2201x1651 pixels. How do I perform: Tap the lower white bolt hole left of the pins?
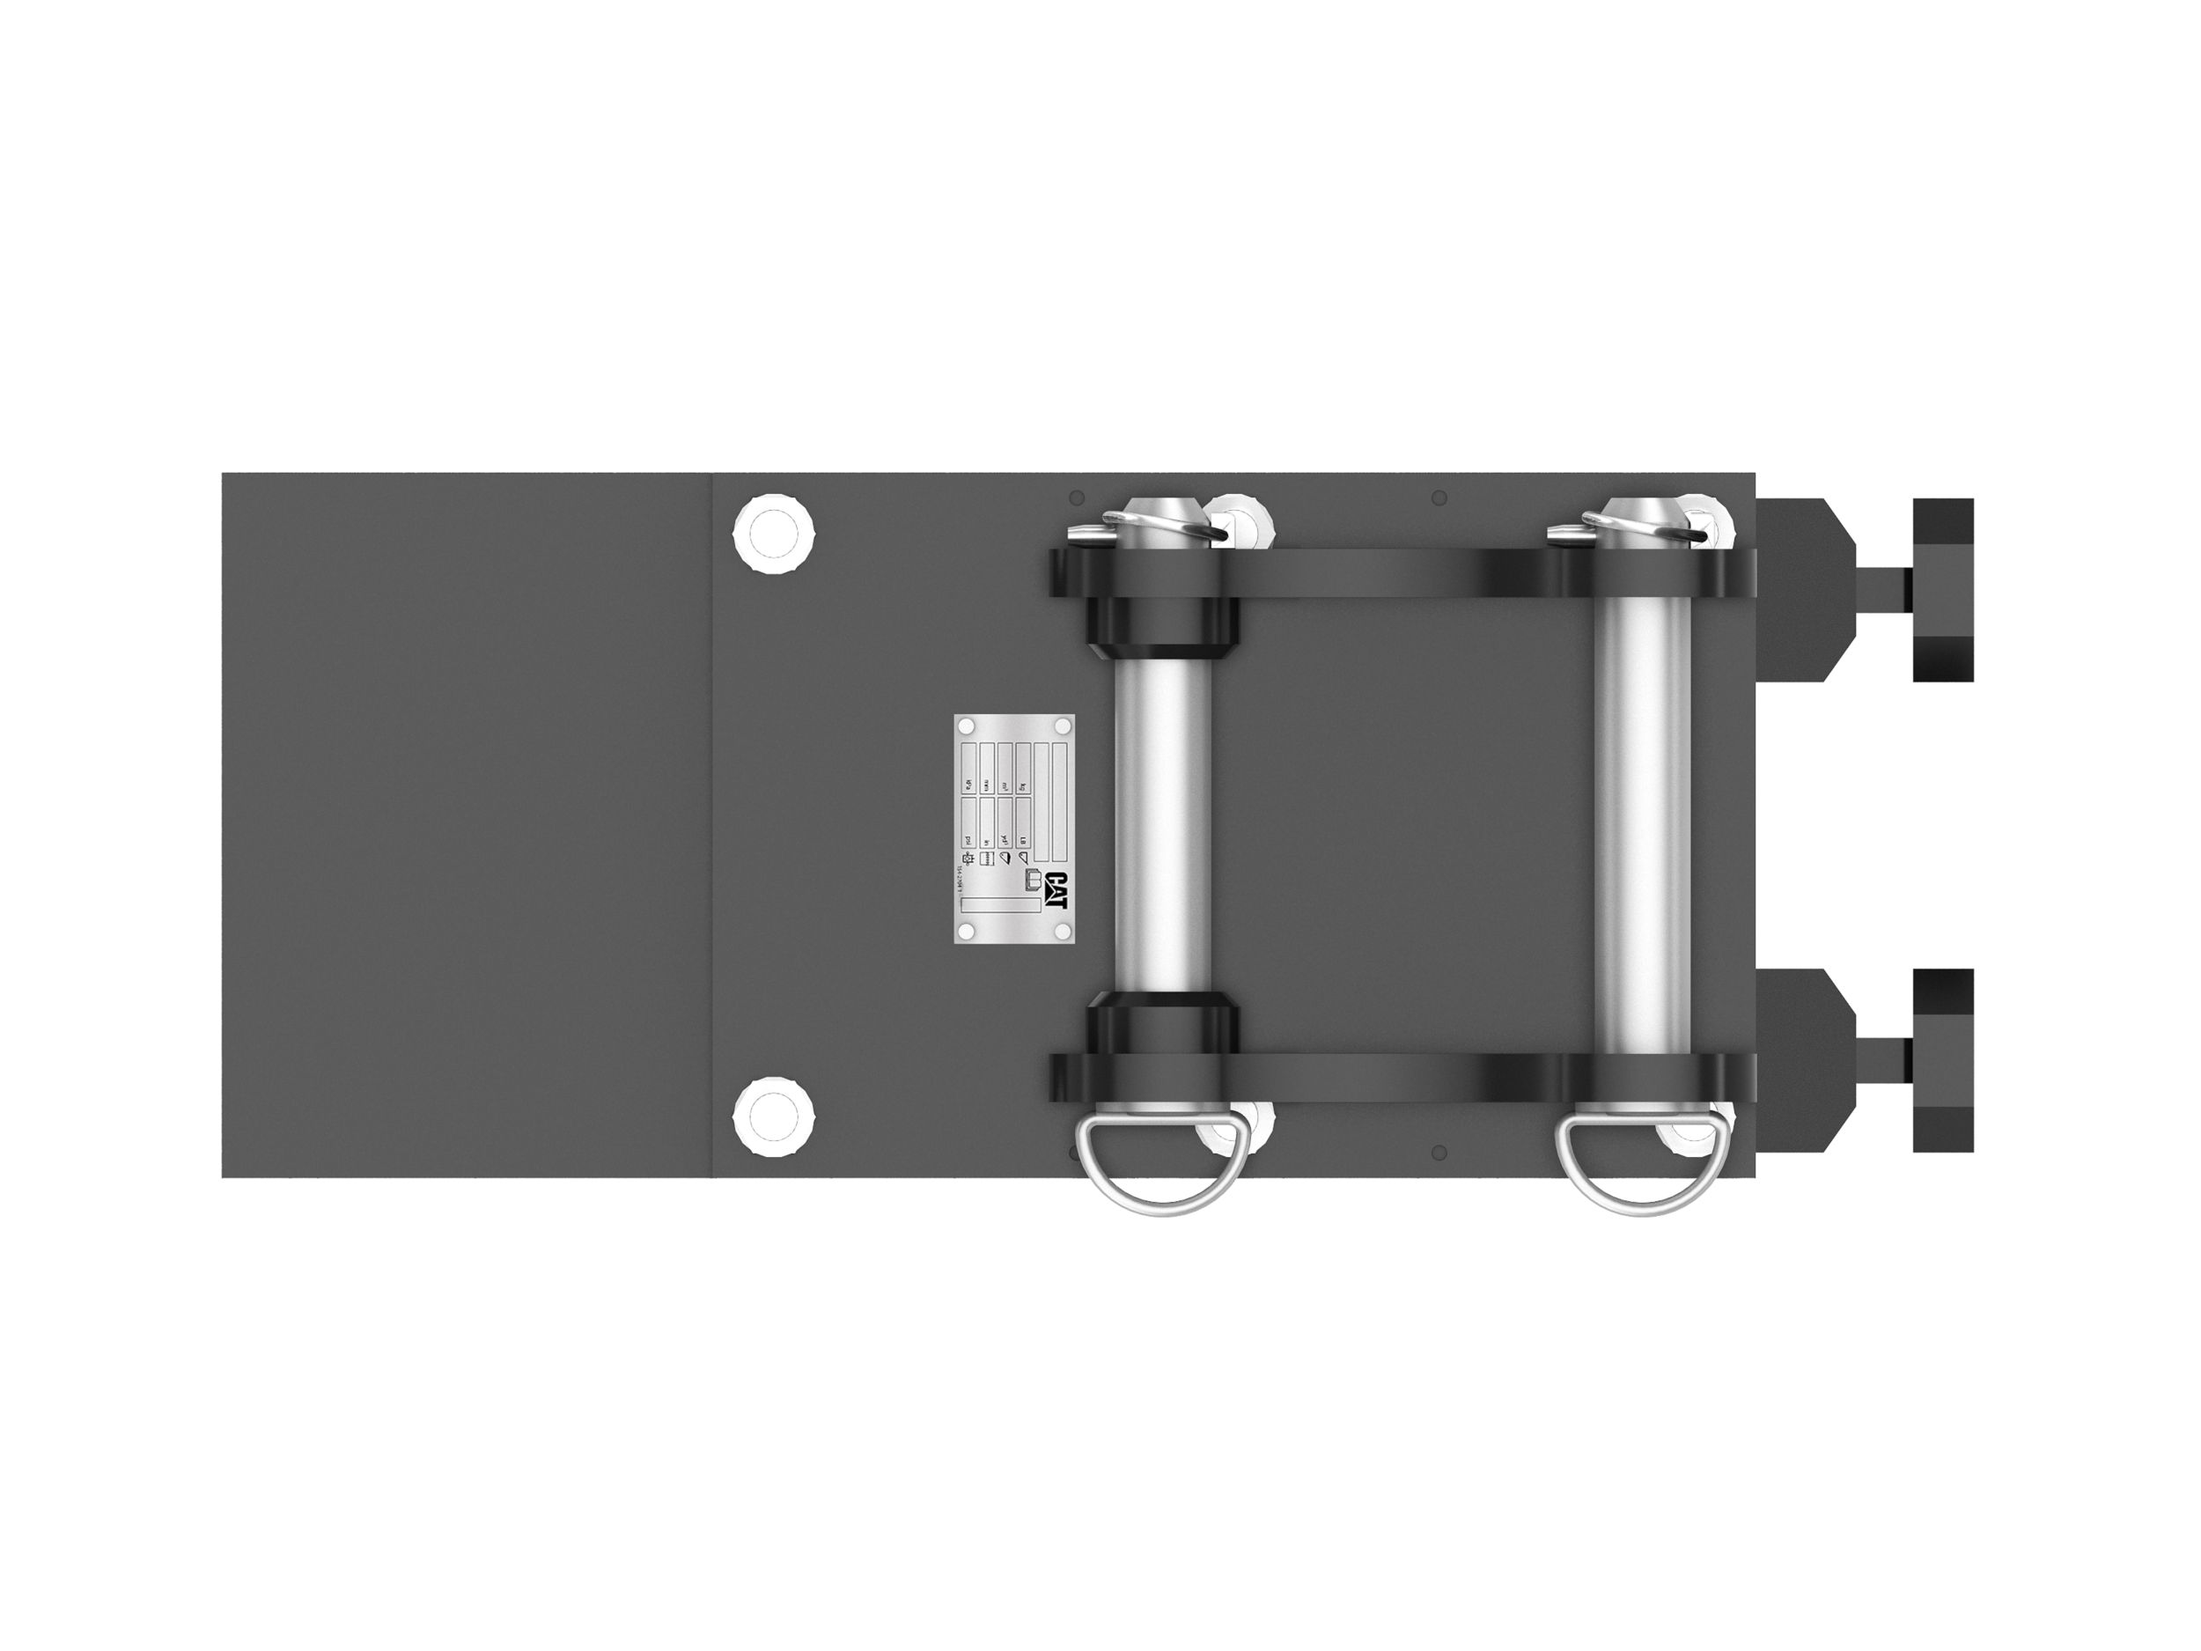(x=773, y=1117)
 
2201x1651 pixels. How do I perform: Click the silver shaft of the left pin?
(x=1163, y=826)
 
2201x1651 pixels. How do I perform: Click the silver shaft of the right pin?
(x=1643, y=826)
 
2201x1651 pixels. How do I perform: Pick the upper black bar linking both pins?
(x=1393, y=572)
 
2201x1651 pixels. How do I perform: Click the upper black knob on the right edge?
(x=1942, y=590)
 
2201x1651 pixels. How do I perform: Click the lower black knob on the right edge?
(x=1942, y=1061)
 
